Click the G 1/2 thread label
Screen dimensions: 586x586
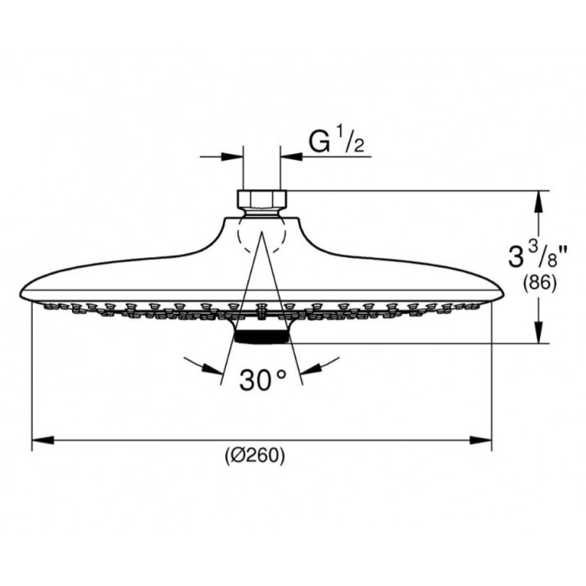[337, 140]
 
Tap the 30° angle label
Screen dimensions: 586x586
[263, 380]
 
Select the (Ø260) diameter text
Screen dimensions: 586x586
[254, 455]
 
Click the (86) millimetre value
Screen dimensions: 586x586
[539, 283]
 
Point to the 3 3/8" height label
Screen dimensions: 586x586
[537, 254]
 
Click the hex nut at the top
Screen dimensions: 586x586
[261, 199]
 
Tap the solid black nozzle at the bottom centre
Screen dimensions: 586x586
[261, 337]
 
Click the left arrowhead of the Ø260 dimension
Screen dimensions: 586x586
[43, 440]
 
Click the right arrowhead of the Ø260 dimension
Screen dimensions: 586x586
[481, 440]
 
